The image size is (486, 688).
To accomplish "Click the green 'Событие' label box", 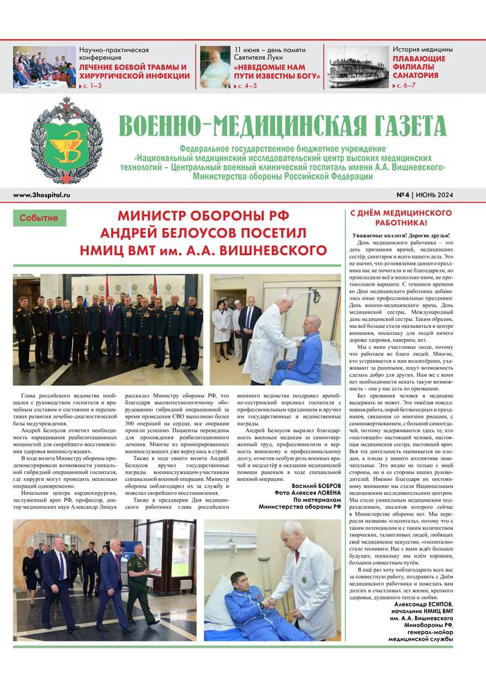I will [40, 218].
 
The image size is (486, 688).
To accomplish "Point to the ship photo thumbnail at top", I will [358, 67].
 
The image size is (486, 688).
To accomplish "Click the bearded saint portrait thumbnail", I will [215, 67].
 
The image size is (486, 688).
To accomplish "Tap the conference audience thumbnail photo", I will [43, 67].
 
